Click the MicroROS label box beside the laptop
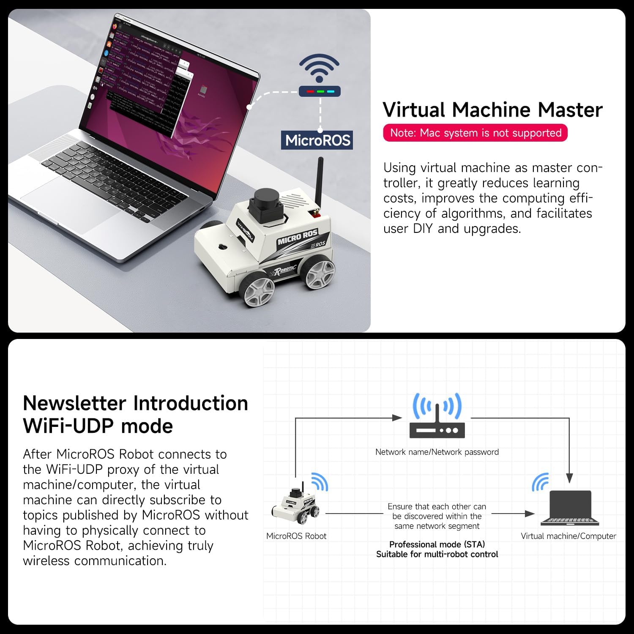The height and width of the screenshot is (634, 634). click(x=317, y=140)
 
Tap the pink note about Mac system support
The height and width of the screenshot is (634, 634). click(x=475, y=133)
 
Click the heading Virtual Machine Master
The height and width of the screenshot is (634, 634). click(x=492, y=110)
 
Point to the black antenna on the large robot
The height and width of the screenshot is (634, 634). click(x=320, y=182)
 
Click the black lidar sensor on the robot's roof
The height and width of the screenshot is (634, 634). click(x=265, y=204)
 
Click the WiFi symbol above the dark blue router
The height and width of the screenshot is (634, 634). click(x=320, y=68)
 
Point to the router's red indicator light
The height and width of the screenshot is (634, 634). click(x=310, y=91)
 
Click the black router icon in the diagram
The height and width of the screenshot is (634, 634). click(x=437, y=427)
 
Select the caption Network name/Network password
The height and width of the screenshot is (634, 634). click(x=437, y=452)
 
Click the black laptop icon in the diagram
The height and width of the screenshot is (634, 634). click(x=570, y=508)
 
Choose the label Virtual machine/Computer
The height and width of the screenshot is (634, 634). click(x=568, y=536)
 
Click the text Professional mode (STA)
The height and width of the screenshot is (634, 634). click(x=437, y=544)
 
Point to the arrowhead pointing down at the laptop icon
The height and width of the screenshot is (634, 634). click(x=569, y=478)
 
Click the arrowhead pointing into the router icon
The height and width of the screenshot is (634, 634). click(x=397, y=418)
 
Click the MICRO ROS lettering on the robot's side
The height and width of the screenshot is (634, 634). click(x=297, y=238)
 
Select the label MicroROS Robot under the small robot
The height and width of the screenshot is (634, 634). click(x=296, y=536)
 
